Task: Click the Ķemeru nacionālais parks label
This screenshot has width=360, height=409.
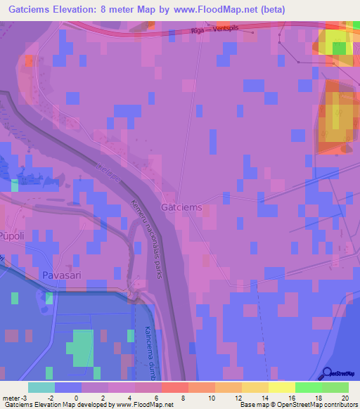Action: [146, 239]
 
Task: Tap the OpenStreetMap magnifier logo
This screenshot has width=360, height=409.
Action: [328, 373]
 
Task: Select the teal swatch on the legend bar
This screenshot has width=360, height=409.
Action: [41, 387]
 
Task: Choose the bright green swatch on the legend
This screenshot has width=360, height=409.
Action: [308, 387]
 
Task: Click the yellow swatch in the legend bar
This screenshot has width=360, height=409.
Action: [281, 387]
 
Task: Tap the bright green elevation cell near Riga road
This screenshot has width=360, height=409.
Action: [339, 48]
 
